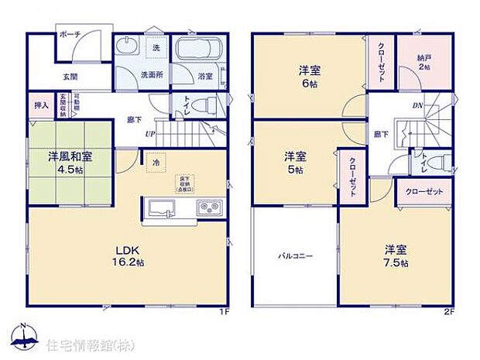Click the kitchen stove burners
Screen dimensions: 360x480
click(210, 207)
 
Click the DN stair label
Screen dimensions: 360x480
click(416, 105)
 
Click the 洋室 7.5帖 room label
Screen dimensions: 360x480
click(395, 256)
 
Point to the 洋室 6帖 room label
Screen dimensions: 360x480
click(310, 77)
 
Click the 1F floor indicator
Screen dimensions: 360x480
click(224, 312)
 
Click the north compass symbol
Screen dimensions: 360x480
click(23, 335)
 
